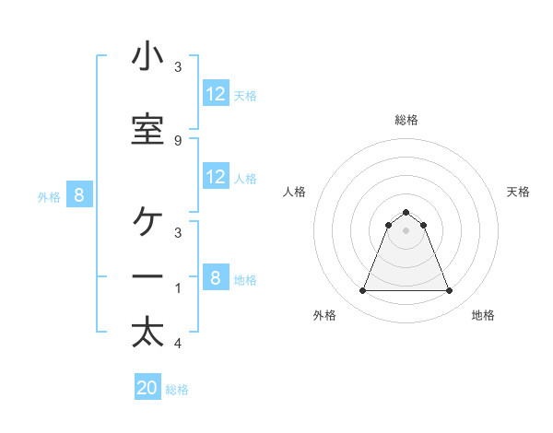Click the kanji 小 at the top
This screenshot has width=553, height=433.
point(147,57)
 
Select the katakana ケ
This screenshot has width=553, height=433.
point(147,221)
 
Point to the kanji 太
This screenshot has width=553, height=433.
point(147,334)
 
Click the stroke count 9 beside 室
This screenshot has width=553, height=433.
point(177,140)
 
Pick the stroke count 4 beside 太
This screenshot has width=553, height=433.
point(177,344)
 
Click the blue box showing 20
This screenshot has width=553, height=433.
point(147,388)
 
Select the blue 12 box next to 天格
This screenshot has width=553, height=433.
point(216,94)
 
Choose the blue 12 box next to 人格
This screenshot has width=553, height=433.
point(216,178)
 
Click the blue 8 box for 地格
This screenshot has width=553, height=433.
point(216,278)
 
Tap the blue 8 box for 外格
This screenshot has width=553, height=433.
point(79,194)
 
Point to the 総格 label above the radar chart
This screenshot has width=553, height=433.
point(406,120)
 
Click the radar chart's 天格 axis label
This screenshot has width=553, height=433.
point(519,192)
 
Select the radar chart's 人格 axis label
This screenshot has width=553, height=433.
point(295,192)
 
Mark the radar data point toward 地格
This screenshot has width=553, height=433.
point(450,291)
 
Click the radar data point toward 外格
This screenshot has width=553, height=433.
point(362,291)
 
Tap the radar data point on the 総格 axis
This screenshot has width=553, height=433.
point(406,212)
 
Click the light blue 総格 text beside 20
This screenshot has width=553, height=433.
point(177,390)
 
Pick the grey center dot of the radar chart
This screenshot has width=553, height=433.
point(406,230)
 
